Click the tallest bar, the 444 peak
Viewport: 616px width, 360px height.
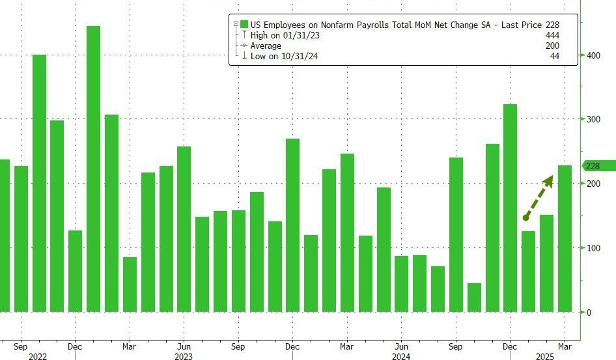tap(93, 169)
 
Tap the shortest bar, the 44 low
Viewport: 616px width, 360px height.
tap(474, 298)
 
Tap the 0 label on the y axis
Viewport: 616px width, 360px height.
tap(588, 312)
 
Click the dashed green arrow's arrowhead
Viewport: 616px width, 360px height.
tap(548, 180)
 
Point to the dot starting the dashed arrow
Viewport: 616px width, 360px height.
tap(525, 218)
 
